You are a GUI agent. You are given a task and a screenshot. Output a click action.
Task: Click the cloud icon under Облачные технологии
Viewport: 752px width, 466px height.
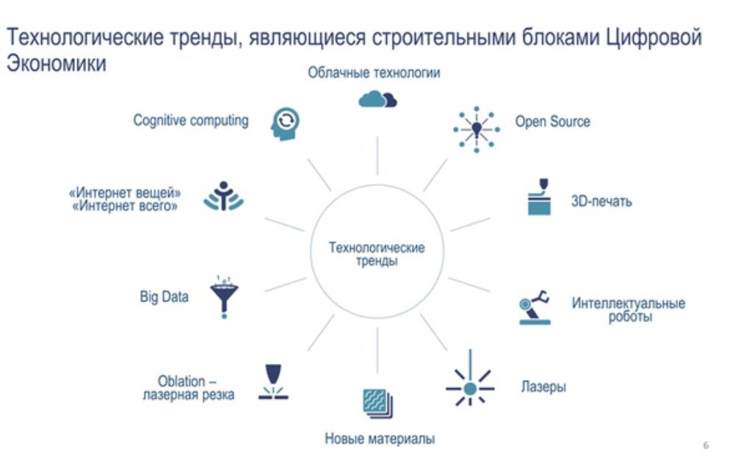click(x=377, y=99)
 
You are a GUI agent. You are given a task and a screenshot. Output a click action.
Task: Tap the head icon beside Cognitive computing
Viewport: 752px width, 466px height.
click(x=285, y=123)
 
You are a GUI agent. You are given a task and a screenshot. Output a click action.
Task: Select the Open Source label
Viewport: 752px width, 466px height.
click(x=552, y=121)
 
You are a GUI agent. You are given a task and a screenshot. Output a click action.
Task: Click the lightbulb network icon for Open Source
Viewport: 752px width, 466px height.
click(x=476, y=129)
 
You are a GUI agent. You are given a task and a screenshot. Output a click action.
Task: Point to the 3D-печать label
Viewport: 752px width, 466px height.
click(x=601, y=201)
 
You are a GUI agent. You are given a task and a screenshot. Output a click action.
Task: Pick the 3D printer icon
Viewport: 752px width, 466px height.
click(x=539, y=197)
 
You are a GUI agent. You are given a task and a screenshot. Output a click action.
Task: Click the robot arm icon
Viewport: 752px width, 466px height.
click(x=535, y=308)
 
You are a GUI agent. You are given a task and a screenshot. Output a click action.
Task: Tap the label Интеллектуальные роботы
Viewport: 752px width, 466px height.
click(x=629, y=309)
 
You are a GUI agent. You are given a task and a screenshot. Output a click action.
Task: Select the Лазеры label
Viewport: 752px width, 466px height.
click(x=543, y=387)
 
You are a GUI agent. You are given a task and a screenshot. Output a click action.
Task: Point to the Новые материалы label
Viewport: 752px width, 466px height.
click(x=380, y=438)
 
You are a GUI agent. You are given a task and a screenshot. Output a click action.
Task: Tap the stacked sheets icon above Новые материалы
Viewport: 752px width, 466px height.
click(x=378, y=403)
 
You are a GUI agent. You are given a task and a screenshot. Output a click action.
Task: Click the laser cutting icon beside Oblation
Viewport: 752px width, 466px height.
click(x=273, y=382)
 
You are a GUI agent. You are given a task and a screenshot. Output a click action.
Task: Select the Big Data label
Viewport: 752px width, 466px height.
click(x=164, y=297)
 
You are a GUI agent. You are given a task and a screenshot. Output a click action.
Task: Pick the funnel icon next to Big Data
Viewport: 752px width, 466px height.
click(x=224, y=297)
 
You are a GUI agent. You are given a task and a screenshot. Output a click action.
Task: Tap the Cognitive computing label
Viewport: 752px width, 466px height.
click(x=191, y=120)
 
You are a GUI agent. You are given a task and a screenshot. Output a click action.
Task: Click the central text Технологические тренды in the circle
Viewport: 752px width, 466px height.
click(x=377, y=254)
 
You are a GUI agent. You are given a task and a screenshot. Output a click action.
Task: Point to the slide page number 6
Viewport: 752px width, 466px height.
click(x=706, y=446)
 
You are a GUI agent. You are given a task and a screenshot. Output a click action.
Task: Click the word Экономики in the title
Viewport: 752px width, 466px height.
click(x=56, y=63)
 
